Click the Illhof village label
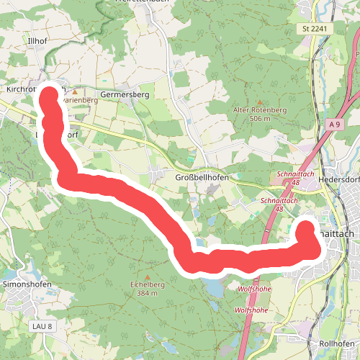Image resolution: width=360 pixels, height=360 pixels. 36,42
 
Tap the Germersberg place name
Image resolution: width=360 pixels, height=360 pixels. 124,94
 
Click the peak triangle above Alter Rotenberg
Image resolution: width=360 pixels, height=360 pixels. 260,102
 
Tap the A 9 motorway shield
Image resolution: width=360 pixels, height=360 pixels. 332,125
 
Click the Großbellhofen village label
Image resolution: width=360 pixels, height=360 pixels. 202,177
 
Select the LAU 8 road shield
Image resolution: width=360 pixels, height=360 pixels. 42,327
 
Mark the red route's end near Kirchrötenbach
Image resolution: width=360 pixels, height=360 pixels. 49,96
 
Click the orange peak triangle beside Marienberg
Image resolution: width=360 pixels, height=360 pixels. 73,92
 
